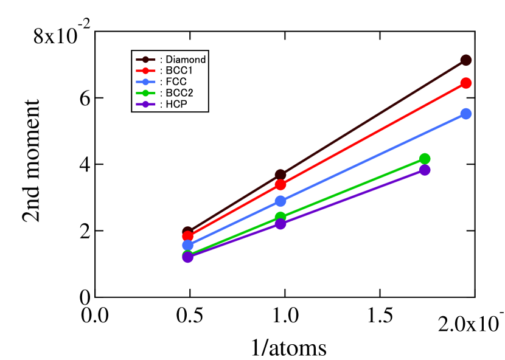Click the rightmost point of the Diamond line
pos(465,60)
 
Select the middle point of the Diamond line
pos(280,175)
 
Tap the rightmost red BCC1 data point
pos(465,83)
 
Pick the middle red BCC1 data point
pos(280,185)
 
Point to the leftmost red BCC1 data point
pos(187,236)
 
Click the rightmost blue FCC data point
pos(465,114)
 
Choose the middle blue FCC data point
pos(280,201)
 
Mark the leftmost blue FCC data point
pos(187,245)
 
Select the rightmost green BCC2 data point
pos(425,159)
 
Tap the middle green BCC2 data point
pos(280,217)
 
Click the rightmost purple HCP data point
pos(425,170)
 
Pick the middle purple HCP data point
pos(280,224)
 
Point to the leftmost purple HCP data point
pos(187,257)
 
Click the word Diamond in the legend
pos(186,60)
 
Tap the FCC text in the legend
pos(176,82)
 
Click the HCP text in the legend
pos(176,104)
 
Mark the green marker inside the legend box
pos(145,93)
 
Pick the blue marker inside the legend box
pos(145,82)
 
